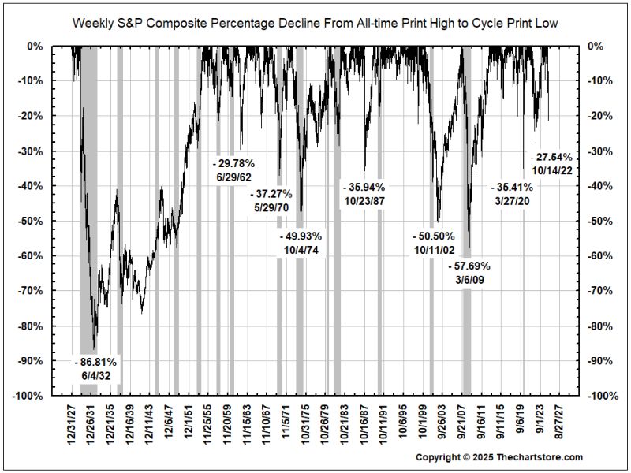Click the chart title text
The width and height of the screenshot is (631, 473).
click(315, 24)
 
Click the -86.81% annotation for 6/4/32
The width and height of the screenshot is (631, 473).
click(99, 369)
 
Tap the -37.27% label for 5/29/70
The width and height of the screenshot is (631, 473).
click(271, 200)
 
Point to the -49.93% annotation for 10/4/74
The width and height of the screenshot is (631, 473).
click(301, 243)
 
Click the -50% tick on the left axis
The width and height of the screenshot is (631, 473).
click(32, 221)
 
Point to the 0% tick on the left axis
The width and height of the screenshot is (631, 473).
click(36, 46)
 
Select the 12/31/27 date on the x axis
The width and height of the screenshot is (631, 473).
click(73, 424)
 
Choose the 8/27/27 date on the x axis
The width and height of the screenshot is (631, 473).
click(559, 423)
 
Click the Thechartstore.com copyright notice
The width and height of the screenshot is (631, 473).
click(499, 457)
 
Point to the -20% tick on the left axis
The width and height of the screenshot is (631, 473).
click(32, 116)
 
